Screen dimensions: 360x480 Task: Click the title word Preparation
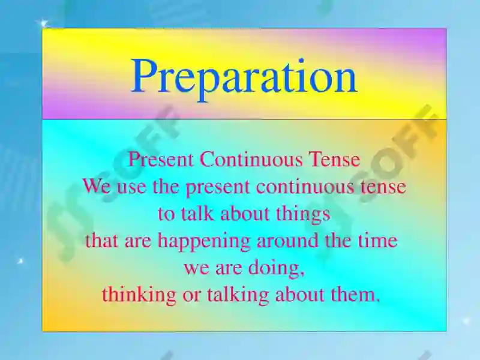(244, 77)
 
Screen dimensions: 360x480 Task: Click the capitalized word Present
(161, 160)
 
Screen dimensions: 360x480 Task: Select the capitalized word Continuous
(251, 160)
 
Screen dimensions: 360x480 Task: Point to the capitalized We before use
(96, 187)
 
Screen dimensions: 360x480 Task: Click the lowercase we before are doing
(196, 269)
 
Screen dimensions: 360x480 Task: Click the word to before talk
(166, 214)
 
